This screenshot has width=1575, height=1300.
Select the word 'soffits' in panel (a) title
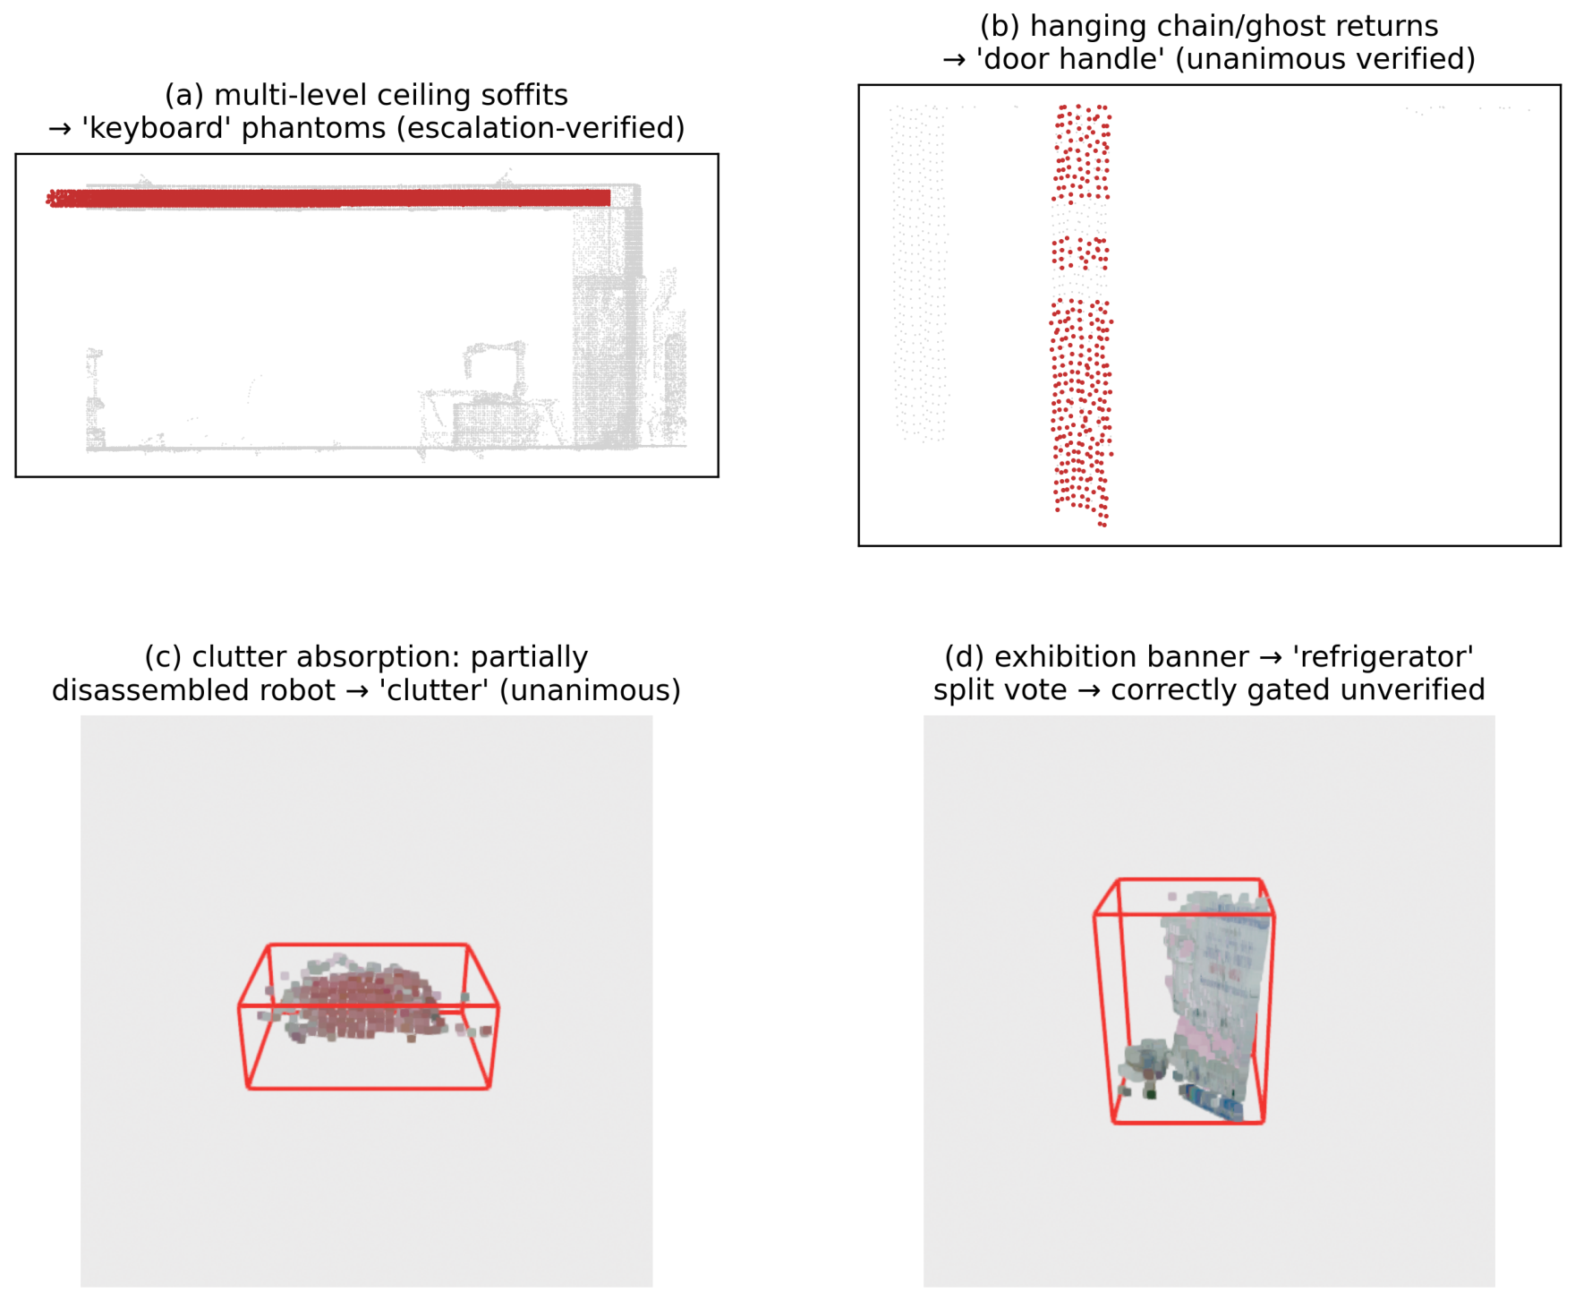[523, 95]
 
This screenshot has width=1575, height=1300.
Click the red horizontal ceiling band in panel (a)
[329, 198]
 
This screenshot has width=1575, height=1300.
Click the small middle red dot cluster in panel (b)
[1081, 253]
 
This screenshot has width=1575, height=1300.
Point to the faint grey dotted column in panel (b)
[918, 273]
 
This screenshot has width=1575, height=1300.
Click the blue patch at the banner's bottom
[1211, 1102]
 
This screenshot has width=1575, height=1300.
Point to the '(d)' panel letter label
[965, 657]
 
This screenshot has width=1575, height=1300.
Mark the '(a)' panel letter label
[185, 95]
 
